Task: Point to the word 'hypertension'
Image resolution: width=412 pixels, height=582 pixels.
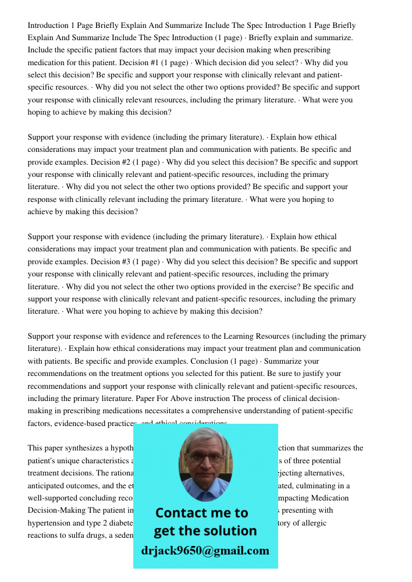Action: tap(48, 523)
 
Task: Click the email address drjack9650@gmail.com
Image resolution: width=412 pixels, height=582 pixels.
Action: tap(205, 551)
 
